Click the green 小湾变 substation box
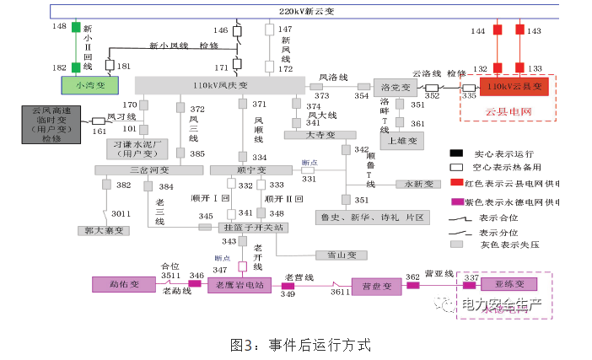tap(91, 85)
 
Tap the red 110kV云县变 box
tap(514, 86)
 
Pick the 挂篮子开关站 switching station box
tap(254, 228)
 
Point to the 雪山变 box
tap(342, 255)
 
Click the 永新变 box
tap(418, 184)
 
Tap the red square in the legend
tap(455, 182)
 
